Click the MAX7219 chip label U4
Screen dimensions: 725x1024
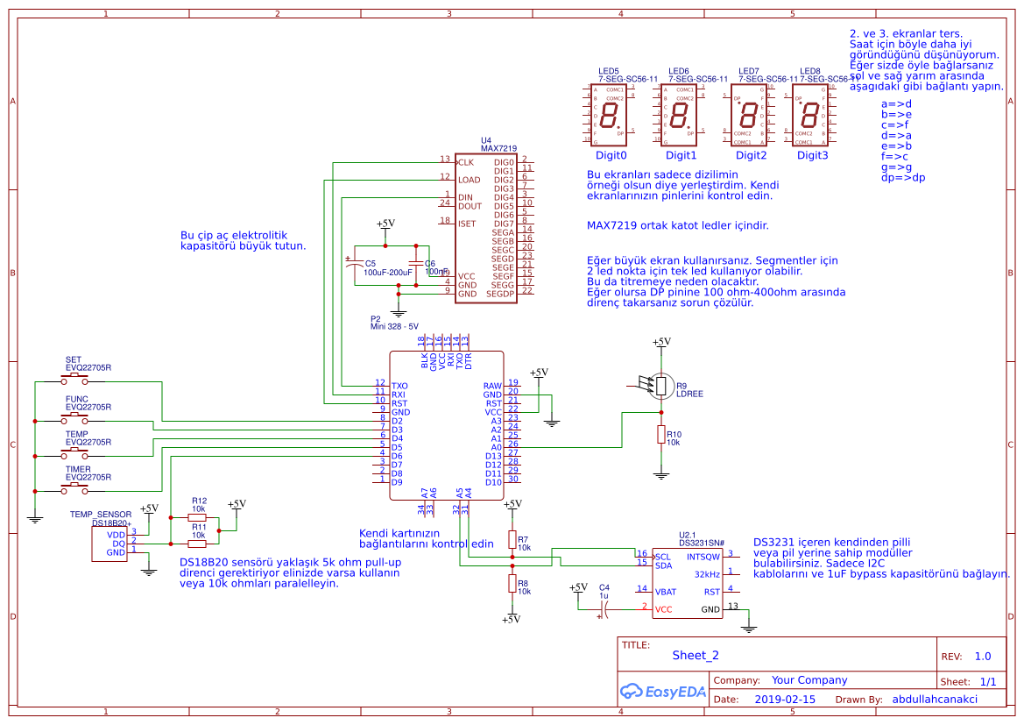486,140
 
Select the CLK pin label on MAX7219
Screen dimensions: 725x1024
466,163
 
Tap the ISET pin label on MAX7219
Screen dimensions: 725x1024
467,224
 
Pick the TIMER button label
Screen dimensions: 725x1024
77,469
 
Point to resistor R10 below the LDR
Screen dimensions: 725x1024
660,436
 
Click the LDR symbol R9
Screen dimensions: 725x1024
661,386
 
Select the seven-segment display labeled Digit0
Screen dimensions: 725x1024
611,115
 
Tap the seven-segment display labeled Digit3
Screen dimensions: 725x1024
811,115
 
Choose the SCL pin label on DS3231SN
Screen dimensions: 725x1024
663,557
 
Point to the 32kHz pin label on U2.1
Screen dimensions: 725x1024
706,574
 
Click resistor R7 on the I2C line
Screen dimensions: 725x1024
512,538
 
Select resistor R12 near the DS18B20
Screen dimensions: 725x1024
198,518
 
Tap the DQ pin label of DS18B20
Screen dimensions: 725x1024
118,544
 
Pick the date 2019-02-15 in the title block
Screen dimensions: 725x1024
784,700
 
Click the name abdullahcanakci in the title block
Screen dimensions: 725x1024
935,700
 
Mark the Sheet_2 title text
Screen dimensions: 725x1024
696,655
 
